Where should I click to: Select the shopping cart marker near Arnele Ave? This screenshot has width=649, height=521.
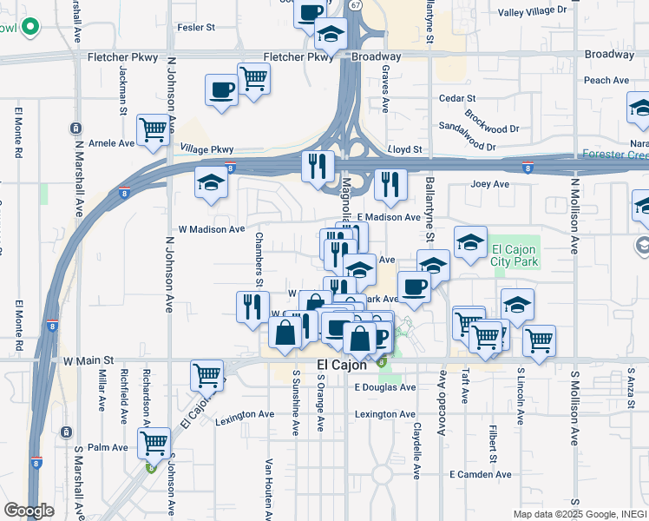[x=154, y=130]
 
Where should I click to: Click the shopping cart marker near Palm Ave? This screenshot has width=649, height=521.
[x=154, y=443]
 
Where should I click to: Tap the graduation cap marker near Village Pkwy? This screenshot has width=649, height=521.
[x=211, y=182]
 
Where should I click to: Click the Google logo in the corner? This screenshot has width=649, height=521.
[x=29, y=511]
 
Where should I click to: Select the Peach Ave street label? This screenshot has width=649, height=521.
[x=606, y=81]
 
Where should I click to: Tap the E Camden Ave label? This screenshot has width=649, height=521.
[x=480, y=474]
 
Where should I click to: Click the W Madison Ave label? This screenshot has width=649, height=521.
[x=212, y=229]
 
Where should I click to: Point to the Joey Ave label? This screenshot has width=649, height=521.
[x=489, y=184]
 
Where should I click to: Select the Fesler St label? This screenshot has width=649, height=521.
[x=195, y=28]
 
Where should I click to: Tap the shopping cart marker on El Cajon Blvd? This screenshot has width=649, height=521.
[x=206, y=375]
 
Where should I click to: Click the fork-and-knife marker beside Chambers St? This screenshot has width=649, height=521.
[x=252, y=306]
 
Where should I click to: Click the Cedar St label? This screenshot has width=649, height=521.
[x=458, y=99]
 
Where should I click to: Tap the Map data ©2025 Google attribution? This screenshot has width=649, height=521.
[x=577, y=513]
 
